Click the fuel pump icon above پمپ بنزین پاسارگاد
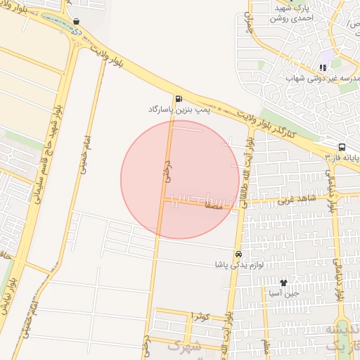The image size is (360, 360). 179,98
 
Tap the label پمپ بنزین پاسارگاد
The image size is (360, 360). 179,110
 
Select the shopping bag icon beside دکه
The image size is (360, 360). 76,22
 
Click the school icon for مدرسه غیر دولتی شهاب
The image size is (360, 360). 323,68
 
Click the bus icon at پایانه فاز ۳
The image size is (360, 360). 342,147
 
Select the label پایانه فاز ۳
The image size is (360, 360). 342,159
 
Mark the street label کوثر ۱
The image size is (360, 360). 200,317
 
